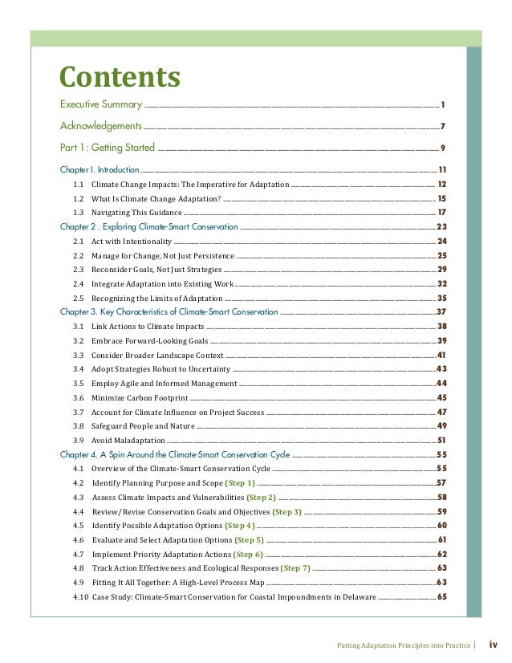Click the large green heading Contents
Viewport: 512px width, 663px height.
coord(120,77)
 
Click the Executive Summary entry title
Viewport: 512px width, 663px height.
coord(101,105)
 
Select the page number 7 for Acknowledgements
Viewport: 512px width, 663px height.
coord(442,126)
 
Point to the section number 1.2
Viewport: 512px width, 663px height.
coord(79,198)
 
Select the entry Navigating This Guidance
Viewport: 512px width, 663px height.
coord(136,212)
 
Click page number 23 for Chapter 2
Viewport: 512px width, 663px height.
coord(441,226)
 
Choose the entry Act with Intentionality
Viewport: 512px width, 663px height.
coord(132,241)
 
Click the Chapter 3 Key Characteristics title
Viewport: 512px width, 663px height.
coord(169,311)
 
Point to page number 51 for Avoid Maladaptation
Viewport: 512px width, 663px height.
coord(441,441)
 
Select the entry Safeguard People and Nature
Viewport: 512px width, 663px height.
coord(143,425)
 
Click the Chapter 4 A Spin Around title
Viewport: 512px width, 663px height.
coord(175,454)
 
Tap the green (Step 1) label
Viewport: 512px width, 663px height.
coord(240,483)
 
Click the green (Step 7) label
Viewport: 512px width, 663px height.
coord(295,568)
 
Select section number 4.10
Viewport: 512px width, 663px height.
coord(80,597)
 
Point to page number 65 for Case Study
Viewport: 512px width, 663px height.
coord(441,597)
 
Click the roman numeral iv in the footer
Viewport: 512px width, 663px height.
coord(494,644)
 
